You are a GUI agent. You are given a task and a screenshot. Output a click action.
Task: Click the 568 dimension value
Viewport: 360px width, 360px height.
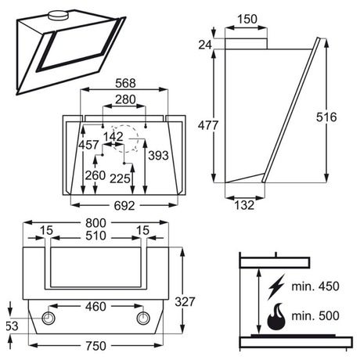click(x=125, y=83)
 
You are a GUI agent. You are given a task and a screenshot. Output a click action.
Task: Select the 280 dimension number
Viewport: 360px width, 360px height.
click(x=125, y=99)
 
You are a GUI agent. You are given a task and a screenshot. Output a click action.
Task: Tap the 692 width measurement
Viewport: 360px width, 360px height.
click(x=124, y=206)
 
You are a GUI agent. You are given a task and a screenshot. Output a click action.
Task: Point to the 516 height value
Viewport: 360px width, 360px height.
click(x=326, y=117)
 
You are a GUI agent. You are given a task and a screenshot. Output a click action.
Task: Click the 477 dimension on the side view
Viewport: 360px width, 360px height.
click(x=208, y=125)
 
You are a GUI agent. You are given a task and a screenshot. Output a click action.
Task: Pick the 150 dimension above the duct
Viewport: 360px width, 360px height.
click(x=247, y=19)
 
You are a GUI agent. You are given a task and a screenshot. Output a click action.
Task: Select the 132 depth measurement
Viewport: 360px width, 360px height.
click(x=244, y=205)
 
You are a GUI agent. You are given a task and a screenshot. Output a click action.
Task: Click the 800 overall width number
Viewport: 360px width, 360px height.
click(x=96, y=223)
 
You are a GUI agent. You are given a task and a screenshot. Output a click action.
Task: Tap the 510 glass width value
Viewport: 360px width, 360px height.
click(x=96, y=236)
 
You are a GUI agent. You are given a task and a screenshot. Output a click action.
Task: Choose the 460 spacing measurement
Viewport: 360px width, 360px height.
click(x=95, y=307)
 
